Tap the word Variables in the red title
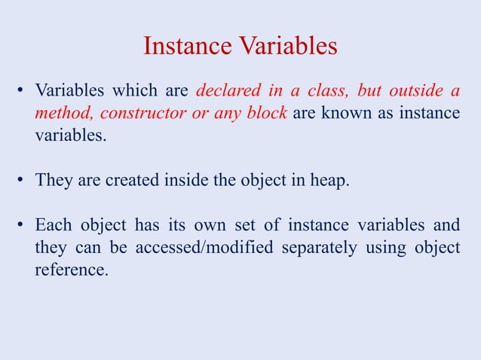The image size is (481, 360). [289, 47]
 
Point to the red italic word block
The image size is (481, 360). [266, 114]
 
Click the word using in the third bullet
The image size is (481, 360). [387, 248]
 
